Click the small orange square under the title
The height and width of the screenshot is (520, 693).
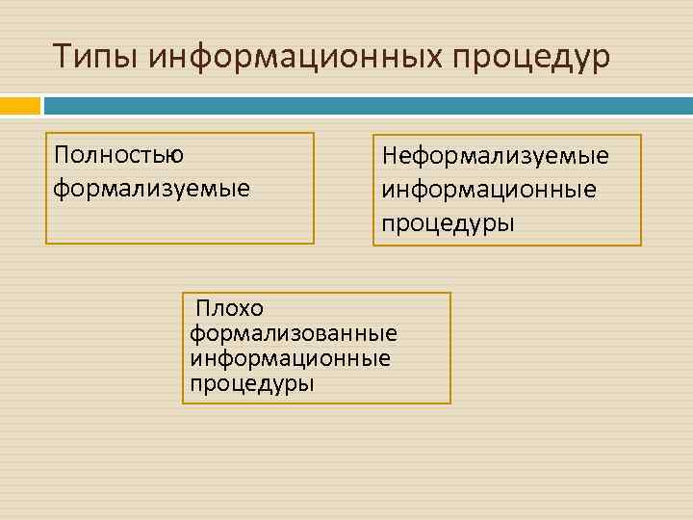pos(20,104)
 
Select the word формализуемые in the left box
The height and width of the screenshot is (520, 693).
pos(151,187)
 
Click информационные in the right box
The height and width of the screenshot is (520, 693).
pos(488,189)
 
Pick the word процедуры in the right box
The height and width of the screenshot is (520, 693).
pos(448,223)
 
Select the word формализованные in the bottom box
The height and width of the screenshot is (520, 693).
pos(294,334)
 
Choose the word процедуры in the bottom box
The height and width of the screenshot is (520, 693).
pos(252,384)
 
